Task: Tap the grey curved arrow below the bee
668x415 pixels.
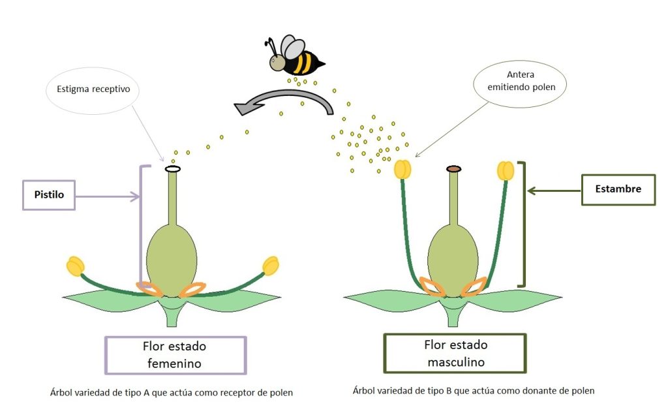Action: click(x=287, y=100)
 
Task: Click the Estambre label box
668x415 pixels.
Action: click(x=618, y=190)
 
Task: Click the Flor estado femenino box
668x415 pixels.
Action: click(x=175, y=355)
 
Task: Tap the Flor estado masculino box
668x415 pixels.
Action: click(x=455, y=353)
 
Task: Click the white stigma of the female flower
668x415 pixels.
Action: click(x=172, y=169)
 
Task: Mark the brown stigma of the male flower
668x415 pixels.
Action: click(x=454, y=170)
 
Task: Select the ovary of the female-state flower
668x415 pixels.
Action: click(x=172, y=257)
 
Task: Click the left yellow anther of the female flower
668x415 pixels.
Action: click(x=76, y=266)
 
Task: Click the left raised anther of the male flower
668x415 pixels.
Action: click(x=402, y=170)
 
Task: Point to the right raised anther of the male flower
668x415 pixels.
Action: click(x=506, y=170)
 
